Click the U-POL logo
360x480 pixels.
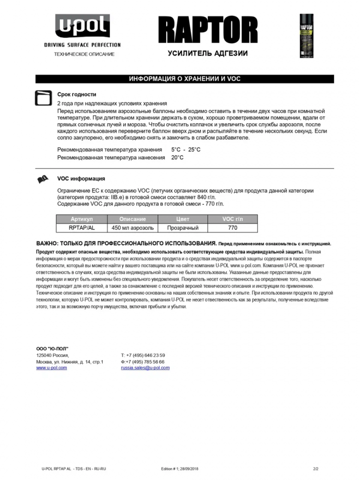(x=82, y=27)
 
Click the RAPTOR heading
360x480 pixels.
(x=208, y=30)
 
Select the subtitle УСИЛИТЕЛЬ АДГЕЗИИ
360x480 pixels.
(x=207, y=53)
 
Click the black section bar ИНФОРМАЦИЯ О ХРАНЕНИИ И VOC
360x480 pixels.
(x=184, y=79)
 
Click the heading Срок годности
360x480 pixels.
(x=77, y=95)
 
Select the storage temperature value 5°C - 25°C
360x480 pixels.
(x=186, y=150)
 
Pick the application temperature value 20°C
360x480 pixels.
(x=177, y=157)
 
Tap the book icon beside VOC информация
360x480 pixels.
(x=43, y=180)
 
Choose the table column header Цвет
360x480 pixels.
(x=183, y=219)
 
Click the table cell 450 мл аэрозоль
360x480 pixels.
(x=132, y=228)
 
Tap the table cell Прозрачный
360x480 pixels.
(x=183, y=228)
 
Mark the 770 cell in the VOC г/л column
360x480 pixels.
(x=233, y=228)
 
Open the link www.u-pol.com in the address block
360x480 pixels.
(x=51, y=368)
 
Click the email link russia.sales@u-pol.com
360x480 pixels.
(x=145, y=368)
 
